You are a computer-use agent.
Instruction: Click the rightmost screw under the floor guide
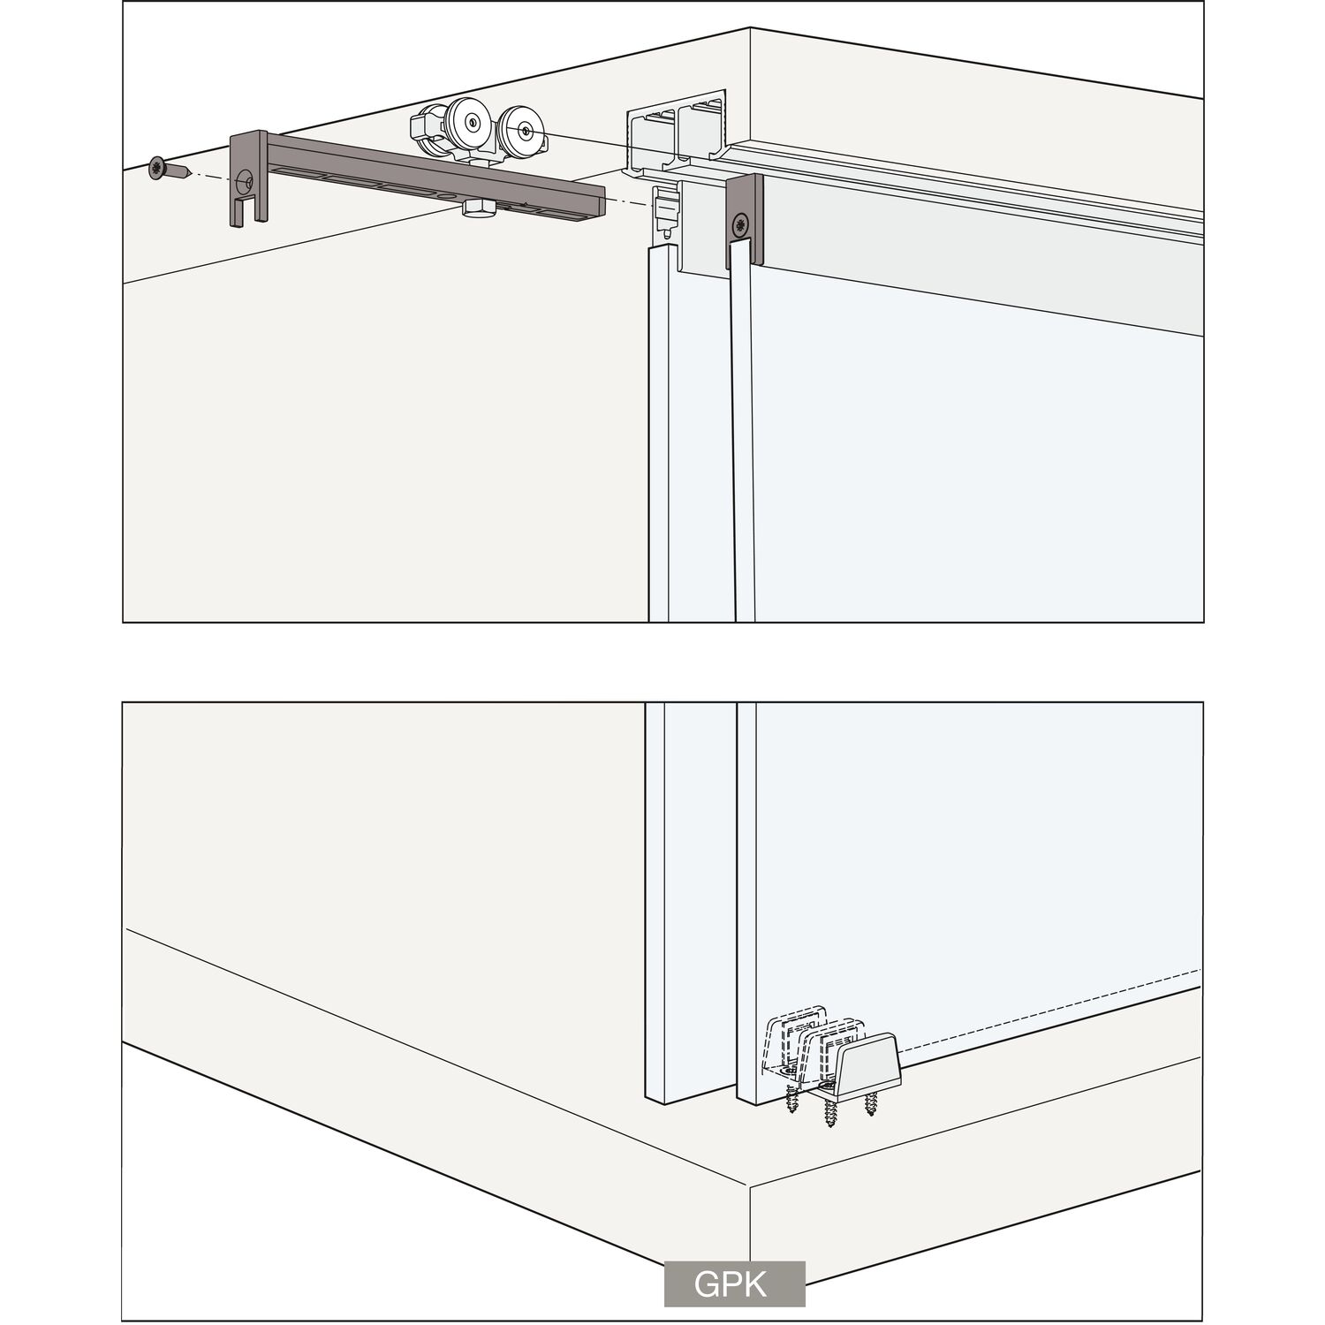[x=873, y=1102]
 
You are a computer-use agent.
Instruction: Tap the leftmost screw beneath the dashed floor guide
[x=792, y=1098]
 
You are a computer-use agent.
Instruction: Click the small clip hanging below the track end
[x=665, y=213]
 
